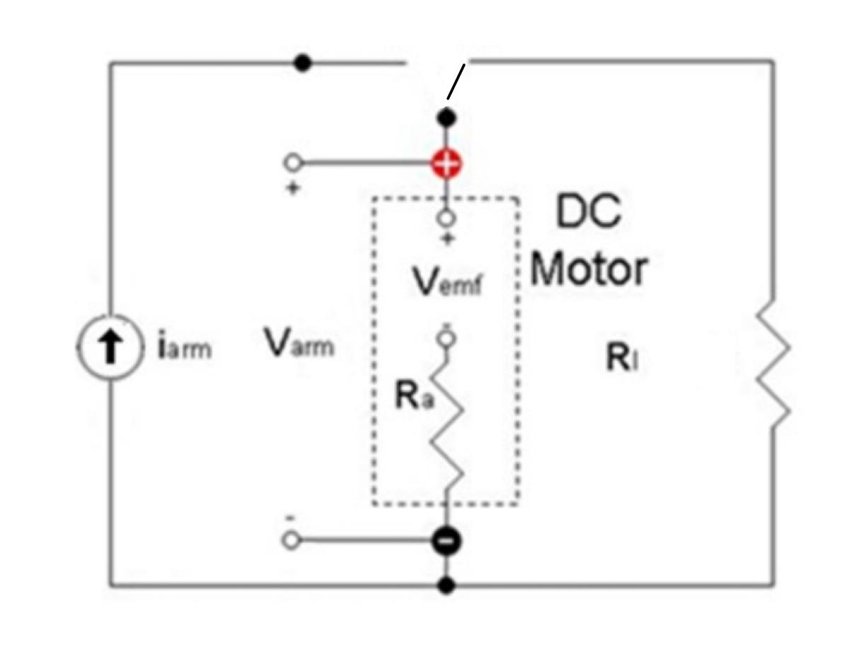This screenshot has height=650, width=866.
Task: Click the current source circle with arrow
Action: (x=110, y=349)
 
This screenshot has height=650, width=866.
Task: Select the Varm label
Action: (x=299, y=344)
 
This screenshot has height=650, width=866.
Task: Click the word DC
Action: (x=588, y=212)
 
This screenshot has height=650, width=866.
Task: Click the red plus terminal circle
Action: (x=446, y=164)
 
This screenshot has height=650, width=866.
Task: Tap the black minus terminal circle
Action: (x=446, y=542)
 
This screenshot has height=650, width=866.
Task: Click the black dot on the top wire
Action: (x=303, y=63)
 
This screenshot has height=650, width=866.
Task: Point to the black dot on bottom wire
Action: (x=446, y=585)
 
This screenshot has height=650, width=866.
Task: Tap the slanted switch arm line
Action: (x=456, y=81)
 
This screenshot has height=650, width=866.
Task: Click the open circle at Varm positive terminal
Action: (x=291, y=164)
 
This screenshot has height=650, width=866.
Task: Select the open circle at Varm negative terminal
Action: (x=291, y=542)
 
